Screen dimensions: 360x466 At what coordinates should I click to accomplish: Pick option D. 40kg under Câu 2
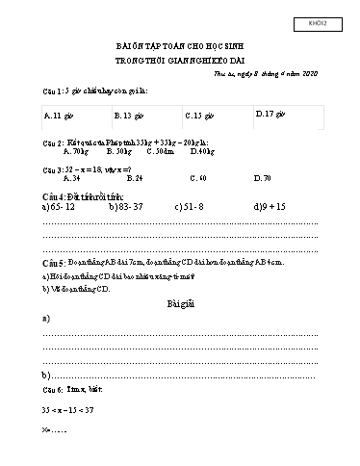coord(202,152)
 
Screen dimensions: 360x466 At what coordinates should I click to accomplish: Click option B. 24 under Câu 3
coord(134,177)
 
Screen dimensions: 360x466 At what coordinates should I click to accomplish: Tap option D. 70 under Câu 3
coord(263,177)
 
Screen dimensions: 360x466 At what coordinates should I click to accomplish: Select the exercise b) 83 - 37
coord(127,206)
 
